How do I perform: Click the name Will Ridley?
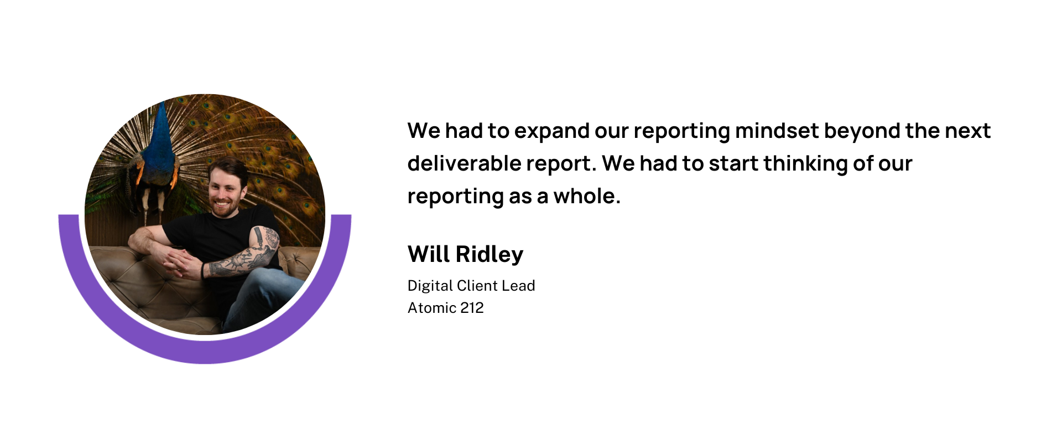(x=465, y=254)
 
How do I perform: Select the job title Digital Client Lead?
(x=471, y=286)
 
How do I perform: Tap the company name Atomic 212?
(x=446, y=308)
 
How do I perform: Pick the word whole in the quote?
(x=587, y=196)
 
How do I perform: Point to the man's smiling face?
(x=226, y=188)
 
